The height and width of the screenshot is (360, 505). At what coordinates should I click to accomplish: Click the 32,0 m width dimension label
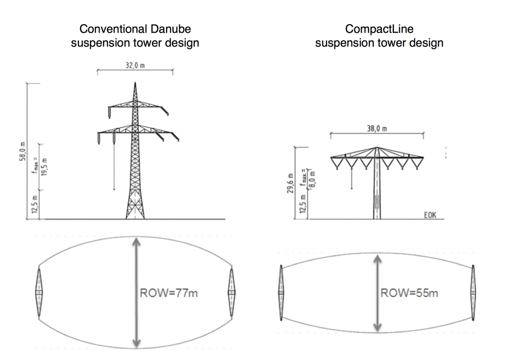(134, 66)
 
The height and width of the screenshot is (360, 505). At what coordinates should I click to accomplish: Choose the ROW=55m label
(409, 293)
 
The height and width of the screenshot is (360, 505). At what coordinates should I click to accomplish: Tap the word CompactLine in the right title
(379, 28)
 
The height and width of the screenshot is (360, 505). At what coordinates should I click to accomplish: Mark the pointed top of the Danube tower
(134, 83)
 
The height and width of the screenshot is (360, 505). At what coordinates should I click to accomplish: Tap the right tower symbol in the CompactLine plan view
(473, 292)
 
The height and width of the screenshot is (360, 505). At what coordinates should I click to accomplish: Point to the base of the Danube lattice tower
(134, 217)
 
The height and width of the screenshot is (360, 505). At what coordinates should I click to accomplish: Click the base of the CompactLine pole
(376, 217)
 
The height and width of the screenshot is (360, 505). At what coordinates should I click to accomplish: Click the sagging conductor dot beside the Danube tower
(114, 189)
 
